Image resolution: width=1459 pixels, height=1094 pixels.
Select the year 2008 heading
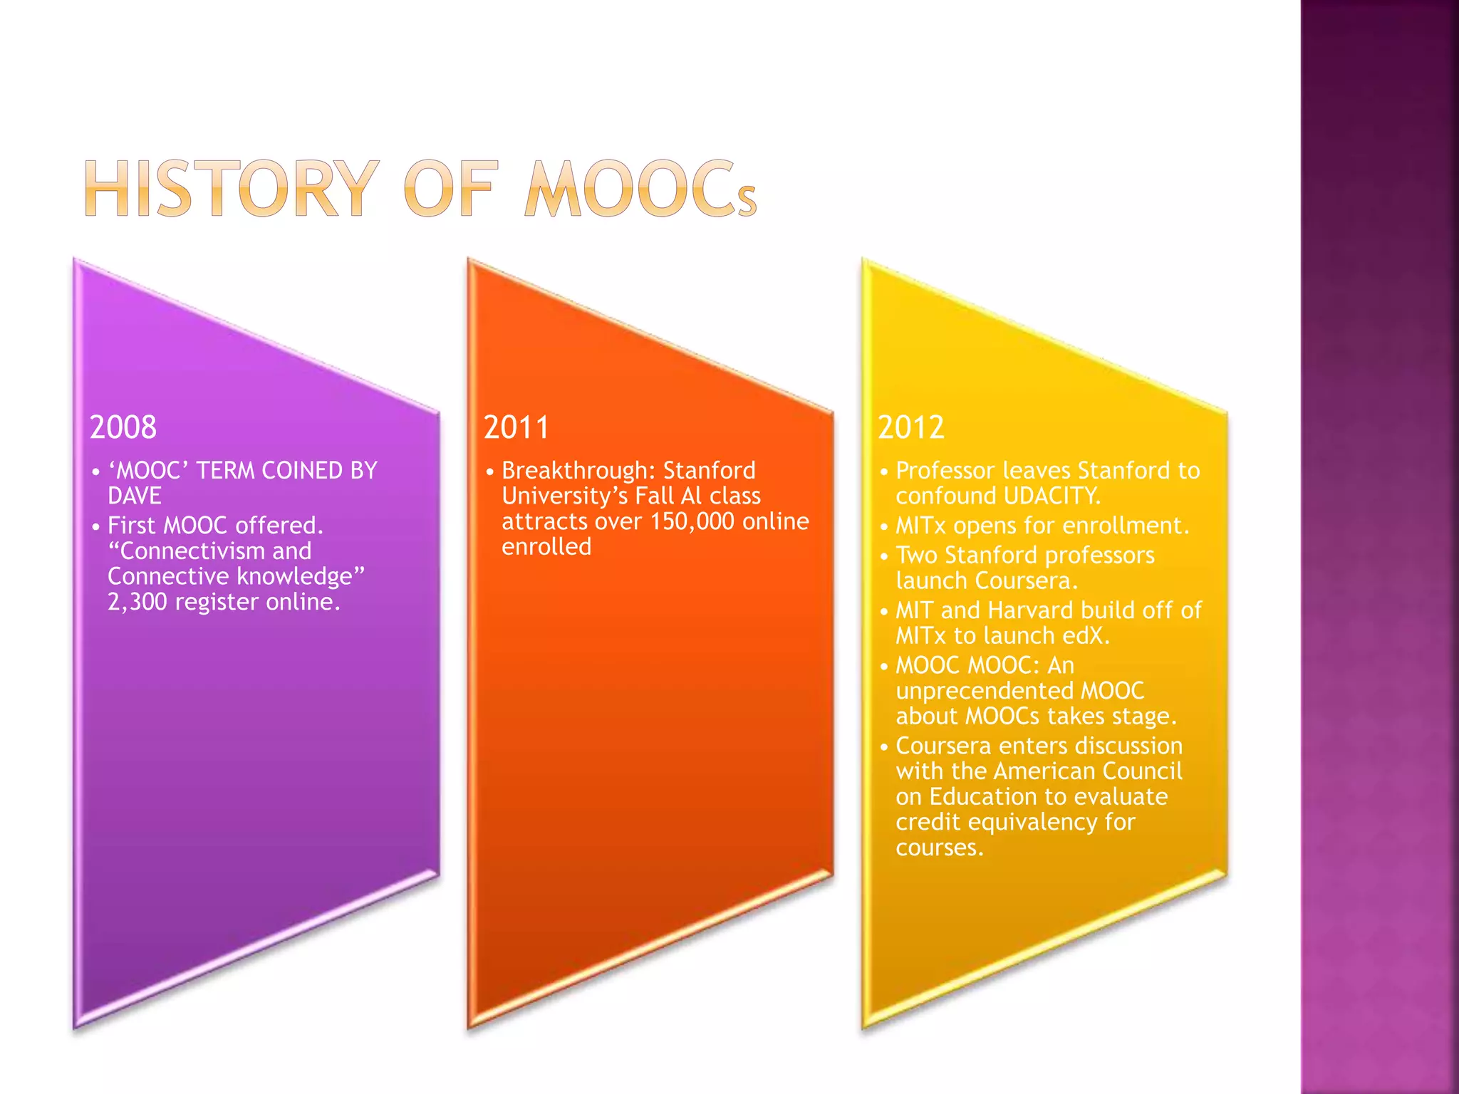click(123, 427)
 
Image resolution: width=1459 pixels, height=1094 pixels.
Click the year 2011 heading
click(516, 427)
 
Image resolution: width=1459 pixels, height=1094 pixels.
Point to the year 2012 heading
click(911, 427)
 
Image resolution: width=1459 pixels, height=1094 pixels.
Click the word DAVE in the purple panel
click(135, 496)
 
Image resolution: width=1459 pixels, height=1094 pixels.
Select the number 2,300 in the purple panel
click(137, 603)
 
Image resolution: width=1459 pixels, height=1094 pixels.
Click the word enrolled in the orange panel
click(546, 547)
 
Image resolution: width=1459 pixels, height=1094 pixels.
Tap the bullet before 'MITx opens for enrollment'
click(884, 528)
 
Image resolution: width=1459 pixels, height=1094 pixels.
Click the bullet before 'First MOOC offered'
click(96, 528)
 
